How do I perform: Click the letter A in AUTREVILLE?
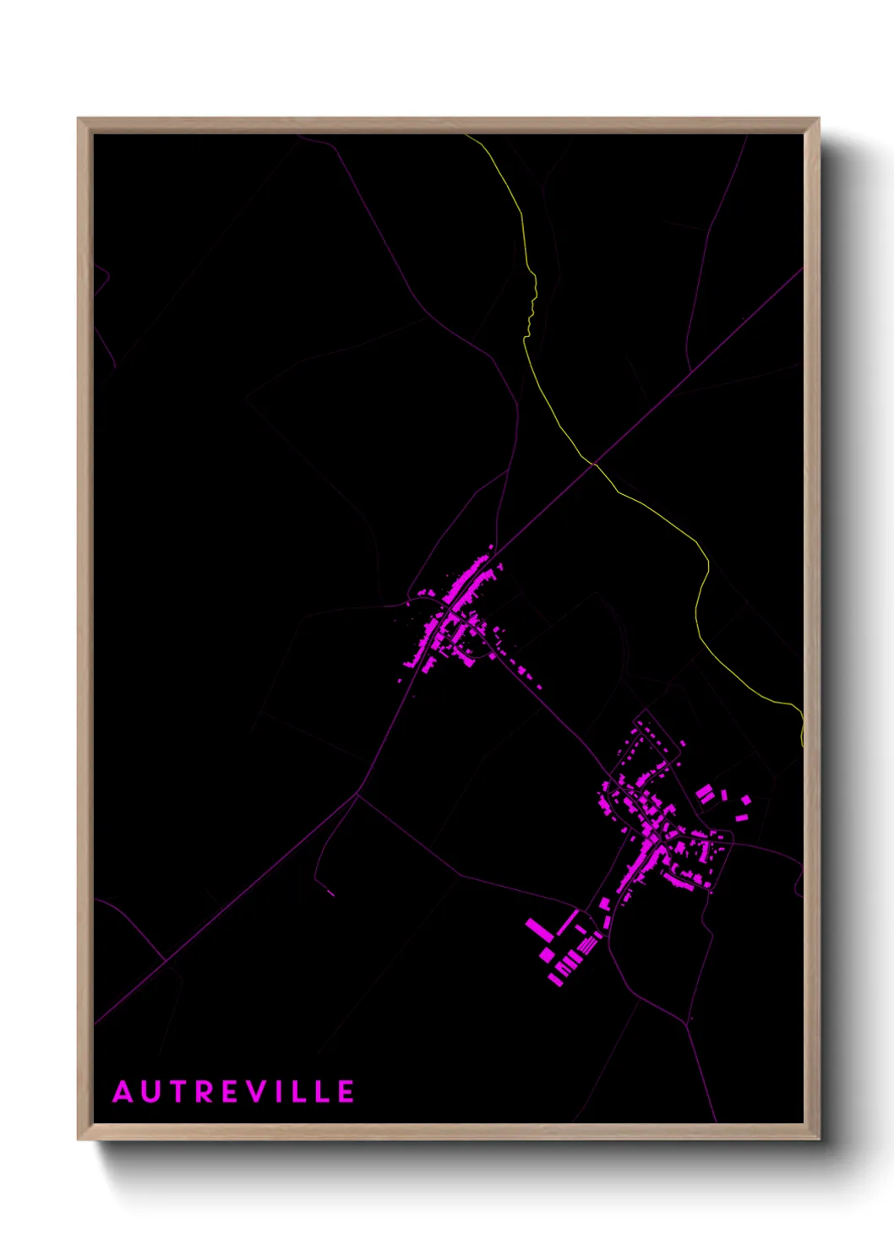123,1092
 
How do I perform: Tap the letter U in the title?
150,1092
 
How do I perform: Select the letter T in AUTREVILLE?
175,1092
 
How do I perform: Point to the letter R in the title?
200,1092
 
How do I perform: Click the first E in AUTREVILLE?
226,1092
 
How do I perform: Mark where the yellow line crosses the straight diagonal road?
593,463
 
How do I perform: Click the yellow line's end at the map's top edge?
466,136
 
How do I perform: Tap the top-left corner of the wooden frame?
79,119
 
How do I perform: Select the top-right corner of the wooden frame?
818,119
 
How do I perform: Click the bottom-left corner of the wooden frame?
79,1139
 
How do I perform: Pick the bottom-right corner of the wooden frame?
818,1139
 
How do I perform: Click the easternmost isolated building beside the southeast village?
745,799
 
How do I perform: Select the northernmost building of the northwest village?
491,547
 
